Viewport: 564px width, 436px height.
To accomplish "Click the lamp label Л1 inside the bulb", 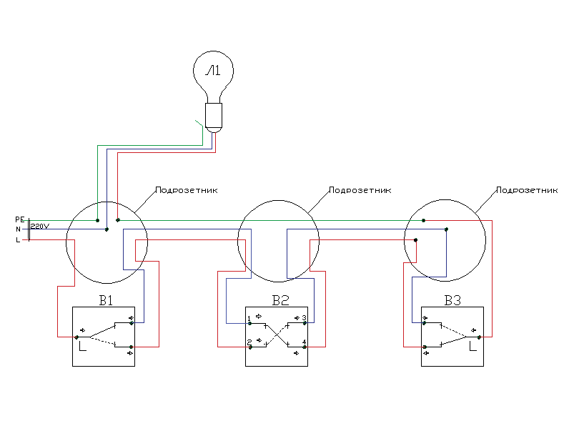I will click(x=213, y=71).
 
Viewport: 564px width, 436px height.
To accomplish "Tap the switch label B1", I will click(x=105, y=300).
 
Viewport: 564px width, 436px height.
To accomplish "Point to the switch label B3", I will click(x=452, y=300).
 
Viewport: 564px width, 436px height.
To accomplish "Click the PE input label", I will click(x=20, y=219).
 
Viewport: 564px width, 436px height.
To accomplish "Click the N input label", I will click(x=18, y=229).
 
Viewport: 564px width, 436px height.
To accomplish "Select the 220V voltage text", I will click(x=40, y=226).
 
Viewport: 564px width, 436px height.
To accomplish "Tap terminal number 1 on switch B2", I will click(x=248, y=318).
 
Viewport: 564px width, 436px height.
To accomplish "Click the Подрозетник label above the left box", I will click(x=186, y=191).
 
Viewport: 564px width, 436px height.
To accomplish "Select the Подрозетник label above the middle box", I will click(x=360, y=191).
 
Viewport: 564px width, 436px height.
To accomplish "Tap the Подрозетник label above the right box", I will click(x=526, y=191).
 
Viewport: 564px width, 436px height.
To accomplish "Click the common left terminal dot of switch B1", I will click(x=76, y=336).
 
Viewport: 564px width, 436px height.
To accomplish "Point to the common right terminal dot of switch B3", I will click(x=480, y=336).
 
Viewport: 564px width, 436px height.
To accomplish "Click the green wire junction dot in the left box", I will click(x=97, y=221).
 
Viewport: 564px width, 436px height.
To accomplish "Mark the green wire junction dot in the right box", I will click(x=423, y=221).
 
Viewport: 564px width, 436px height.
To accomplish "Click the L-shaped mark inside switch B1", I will click(x=83, y=348).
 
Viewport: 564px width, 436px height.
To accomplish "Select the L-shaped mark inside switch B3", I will click(x=472, y=348).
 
